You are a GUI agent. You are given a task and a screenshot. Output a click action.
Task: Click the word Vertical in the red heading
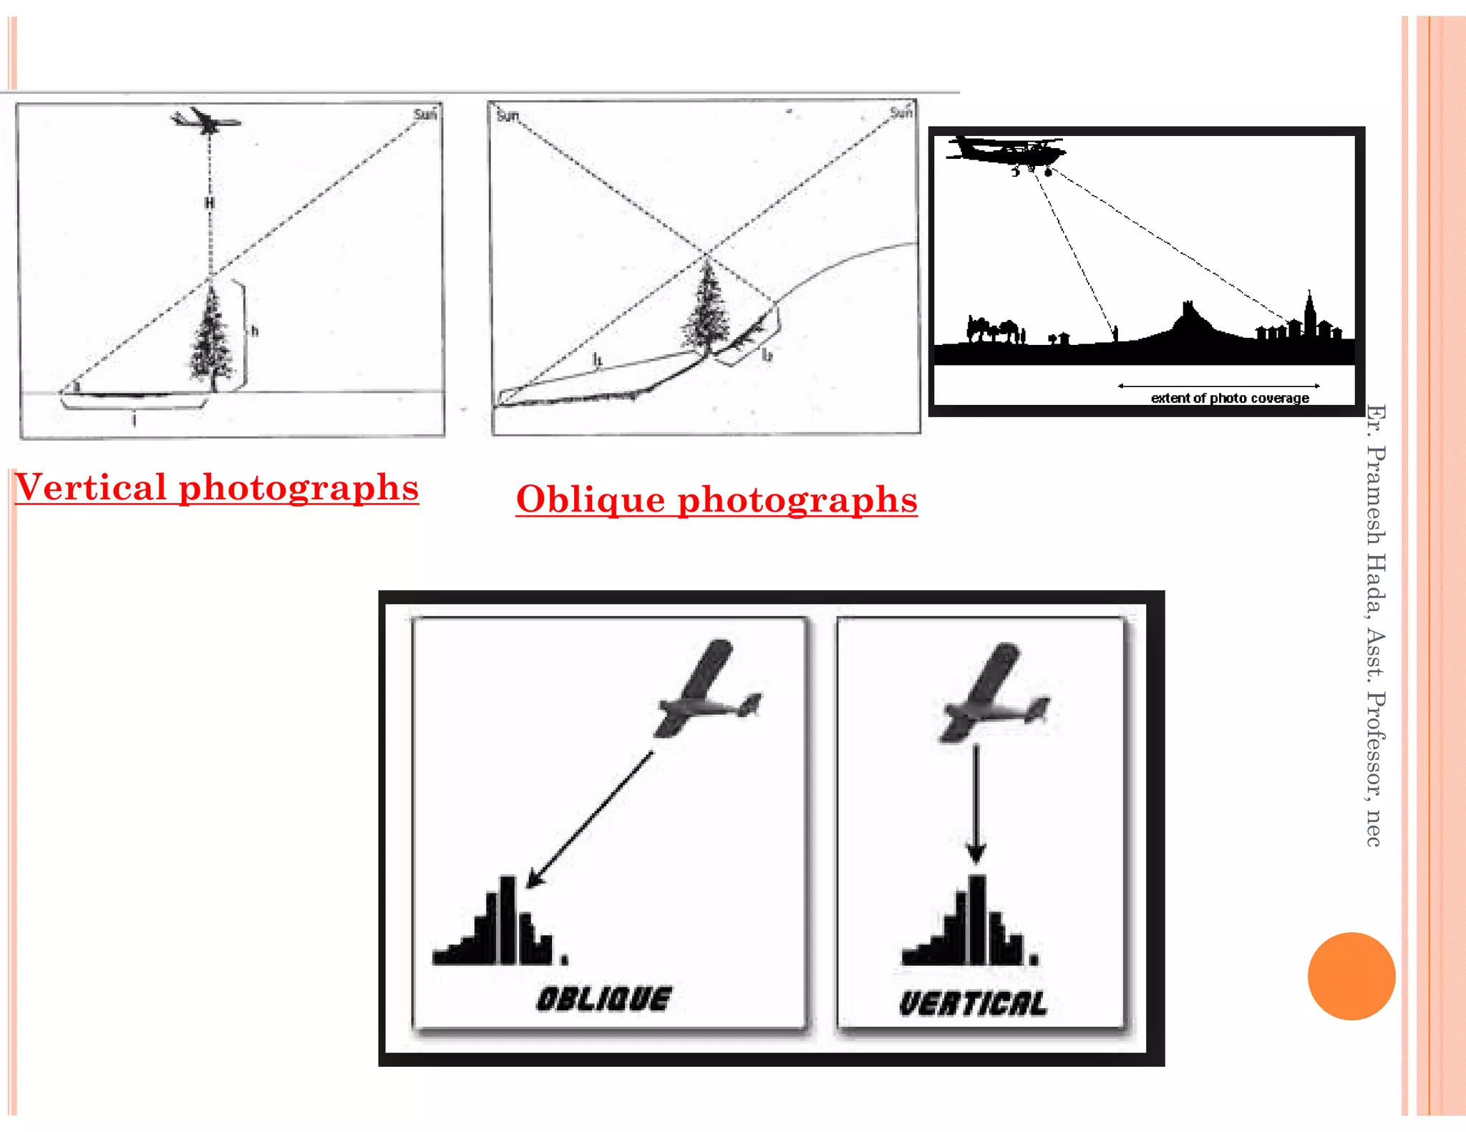pyautogui.click(x=91, y=489)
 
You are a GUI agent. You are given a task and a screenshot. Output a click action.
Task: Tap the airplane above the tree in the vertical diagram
pyautogui.click(x=205, y=121)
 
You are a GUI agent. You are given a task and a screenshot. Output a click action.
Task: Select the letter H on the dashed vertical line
pyautogui.click(x=209, y=204)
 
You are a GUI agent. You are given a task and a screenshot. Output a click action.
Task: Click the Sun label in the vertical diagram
pyautogui.click(x=424, y=114)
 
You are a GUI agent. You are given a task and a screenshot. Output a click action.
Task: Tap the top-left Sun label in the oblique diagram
pyautogui.click(x=507, y=116)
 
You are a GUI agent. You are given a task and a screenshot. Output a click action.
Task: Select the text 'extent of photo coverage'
pyautogui.click(x=1229, y=398)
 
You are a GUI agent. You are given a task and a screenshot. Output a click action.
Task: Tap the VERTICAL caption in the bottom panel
pyautogui.click(x=974, y=1004)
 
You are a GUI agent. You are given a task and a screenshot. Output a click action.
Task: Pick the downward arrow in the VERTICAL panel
pyautogui.click(x=976, y=805)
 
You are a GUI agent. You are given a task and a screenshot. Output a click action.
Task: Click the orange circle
pyautogui.click(x=1351, y=976)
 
